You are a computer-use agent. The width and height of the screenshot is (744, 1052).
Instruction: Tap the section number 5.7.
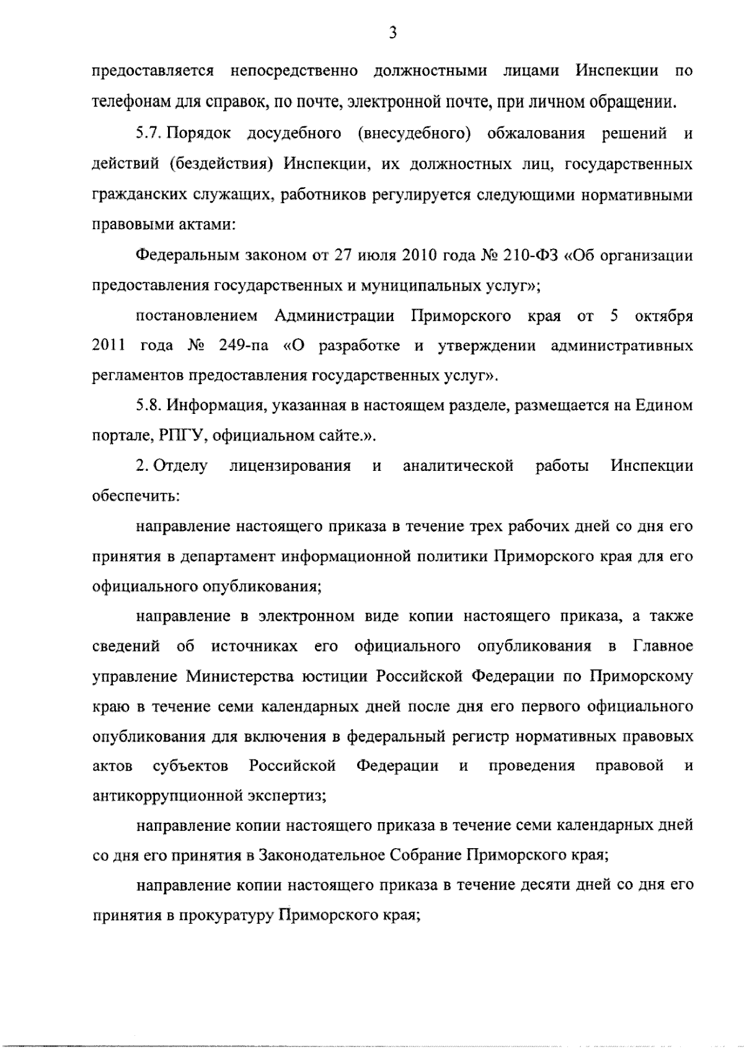point(148,134)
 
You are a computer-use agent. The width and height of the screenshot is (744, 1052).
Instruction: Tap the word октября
point(663,316)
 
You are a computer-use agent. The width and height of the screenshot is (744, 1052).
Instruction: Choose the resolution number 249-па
point(244,346)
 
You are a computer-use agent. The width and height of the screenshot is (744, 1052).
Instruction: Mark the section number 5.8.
point(148,405)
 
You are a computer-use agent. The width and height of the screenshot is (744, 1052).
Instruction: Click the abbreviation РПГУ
point(179,436)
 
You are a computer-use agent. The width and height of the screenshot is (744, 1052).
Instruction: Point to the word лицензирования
point(290,465)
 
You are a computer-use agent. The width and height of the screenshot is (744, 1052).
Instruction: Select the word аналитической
point(458,465)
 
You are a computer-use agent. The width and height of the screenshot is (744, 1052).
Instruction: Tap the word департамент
point(228,556)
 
